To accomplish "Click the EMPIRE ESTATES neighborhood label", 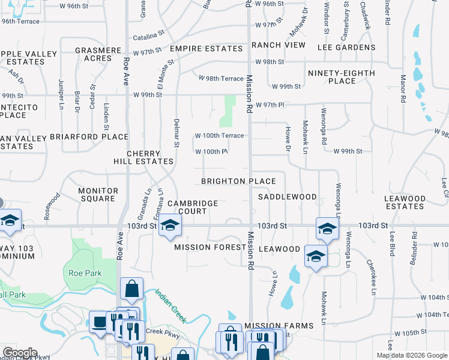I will (205, 48).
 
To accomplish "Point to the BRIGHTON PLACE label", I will (238, 181).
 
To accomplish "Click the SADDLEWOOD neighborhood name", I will (287, 197).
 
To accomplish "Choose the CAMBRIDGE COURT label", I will (192, 207).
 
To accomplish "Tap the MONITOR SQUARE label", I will (98, 194).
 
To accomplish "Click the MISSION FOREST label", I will (202, 247).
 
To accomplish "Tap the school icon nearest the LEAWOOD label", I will (315, 256).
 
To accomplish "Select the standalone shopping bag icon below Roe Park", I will (131, 289).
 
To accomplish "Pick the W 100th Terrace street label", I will (218, 136).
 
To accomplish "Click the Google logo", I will (19, 353).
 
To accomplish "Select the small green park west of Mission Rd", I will (227, 111).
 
